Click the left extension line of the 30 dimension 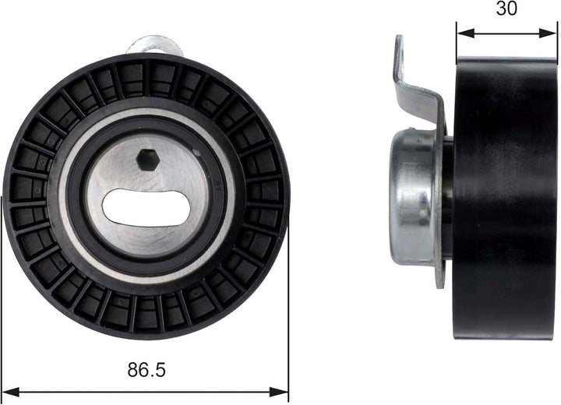point(457,43)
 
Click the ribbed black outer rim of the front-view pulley point(31,195)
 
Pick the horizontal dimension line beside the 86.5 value point(78,390)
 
